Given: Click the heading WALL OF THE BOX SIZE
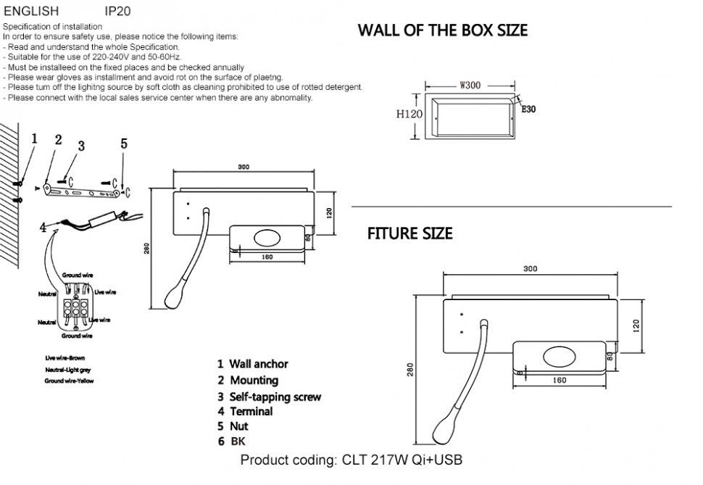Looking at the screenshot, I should tap(442, 30).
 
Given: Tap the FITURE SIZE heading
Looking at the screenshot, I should tap(409, 233).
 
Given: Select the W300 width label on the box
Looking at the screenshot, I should tap(470, 85).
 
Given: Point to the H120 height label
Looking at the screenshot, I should tap(409, 115).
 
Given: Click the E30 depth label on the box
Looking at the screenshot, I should tap(528, 109).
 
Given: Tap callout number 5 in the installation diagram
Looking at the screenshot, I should tap(124, 144).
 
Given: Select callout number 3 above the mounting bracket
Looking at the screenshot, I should tap(81, 146).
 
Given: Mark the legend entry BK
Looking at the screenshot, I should tap(238, 441).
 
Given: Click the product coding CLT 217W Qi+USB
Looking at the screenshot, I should tap(351, 460).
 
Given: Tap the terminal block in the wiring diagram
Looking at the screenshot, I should tap(76, 309).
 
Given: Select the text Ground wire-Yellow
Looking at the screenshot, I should tap(69, 381).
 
